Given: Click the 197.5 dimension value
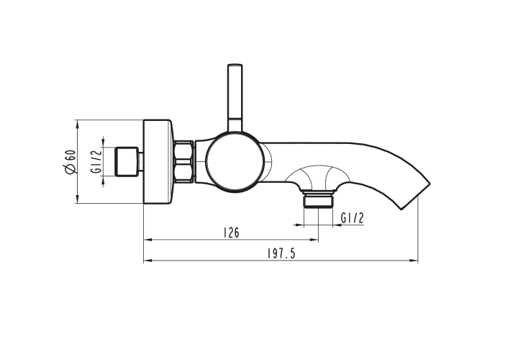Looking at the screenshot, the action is (281, 253).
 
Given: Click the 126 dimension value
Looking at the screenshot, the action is (231, 233).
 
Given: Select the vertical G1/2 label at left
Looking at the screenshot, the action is (96, 161).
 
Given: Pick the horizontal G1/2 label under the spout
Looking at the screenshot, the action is (353, 218).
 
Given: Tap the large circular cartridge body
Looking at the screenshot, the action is (235, 161).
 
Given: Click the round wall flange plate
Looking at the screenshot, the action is (158, 161).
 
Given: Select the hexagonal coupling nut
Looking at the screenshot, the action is (183, 161).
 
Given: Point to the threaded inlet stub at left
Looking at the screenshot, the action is (129, 161).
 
